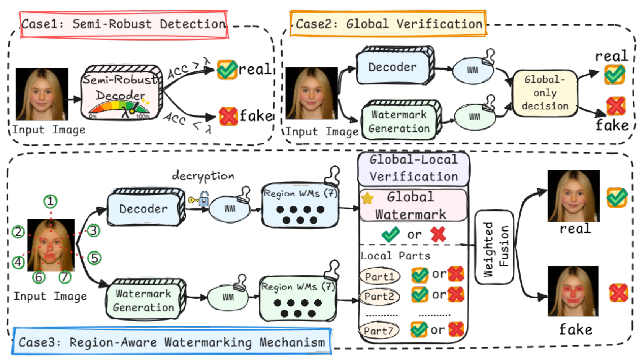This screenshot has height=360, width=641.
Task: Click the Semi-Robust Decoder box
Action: click(x=122, y=92)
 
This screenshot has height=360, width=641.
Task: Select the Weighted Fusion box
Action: click(x=495, y=247)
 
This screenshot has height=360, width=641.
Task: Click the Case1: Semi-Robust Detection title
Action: click(x=124, y=24)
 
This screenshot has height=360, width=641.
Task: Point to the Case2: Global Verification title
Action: click(x=389, y=23)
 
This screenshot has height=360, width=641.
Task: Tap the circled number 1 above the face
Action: click(x=50, y=201)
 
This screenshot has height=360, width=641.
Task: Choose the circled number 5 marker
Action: click(x=94, y=258)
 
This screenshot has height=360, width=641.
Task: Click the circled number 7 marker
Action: click(x=65, y=277)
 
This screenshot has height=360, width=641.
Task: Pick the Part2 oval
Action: click(x=379, y=296)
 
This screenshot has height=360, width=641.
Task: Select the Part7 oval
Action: click(x=378, y=331)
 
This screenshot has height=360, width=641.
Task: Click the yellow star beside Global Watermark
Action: click(x=368, y=198)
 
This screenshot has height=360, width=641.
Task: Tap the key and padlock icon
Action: click(x=198, y=199)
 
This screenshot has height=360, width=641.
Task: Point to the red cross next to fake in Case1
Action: click(x=228, y=117)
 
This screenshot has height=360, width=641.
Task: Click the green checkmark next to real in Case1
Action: click(x=227, y=70)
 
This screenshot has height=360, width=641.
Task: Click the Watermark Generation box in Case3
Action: click(x=145, y=299)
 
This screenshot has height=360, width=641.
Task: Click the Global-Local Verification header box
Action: click(x=413, y=169)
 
